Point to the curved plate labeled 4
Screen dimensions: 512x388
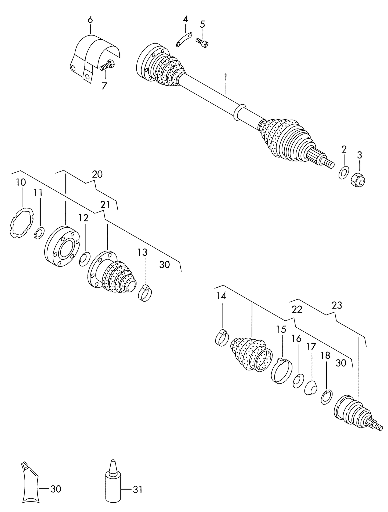tap(184, 39)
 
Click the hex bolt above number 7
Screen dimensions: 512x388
tap(108, 65)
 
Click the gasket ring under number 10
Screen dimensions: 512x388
tap(21, 222)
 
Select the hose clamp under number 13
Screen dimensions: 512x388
tap(145, 293)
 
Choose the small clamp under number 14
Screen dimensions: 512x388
tap(222, 337)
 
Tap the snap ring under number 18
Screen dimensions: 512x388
tap(327, 397)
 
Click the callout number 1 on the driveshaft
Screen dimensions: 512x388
tap(226, 78)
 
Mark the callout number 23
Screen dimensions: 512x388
tap(337, 305)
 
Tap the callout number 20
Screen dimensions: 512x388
tap(97, 175)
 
